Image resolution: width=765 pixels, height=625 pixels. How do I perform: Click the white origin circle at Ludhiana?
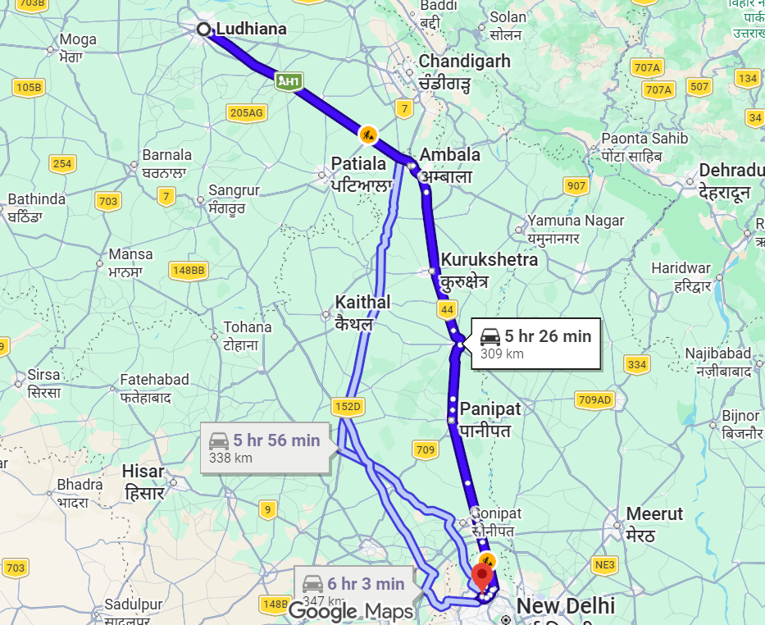pos(203,30)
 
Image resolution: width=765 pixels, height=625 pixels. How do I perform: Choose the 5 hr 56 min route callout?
pos(265,448)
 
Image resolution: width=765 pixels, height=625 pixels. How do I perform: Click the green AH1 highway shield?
pos(289,80)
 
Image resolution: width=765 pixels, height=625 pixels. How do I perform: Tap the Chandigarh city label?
pos(464,62)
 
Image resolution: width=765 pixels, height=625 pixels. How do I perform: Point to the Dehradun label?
pos(729,171)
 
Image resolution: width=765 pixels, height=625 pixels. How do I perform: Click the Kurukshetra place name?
pos(489,260)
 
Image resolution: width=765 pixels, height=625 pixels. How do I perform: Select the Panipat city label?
pos(490,408)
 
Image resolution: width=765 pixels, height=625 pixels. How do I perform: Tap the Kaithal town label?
pos(362,303)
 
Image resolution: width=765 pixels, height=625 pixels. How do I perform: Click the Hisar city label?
pos(143,472)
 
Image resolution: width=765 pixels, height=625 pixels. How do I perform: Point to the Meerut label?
pos(654,514)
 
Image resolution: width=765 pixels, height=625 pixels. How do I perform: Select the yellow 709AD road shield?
pos(594,400)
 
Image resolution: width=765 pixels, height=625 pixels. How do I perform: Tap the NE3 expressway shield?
pos(605,565)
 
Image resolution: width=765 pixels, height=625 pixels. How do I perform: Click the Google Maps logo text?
pos(350,611)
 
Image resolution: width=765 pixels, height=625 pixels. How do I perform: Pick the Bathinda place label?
pos(36,199)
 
